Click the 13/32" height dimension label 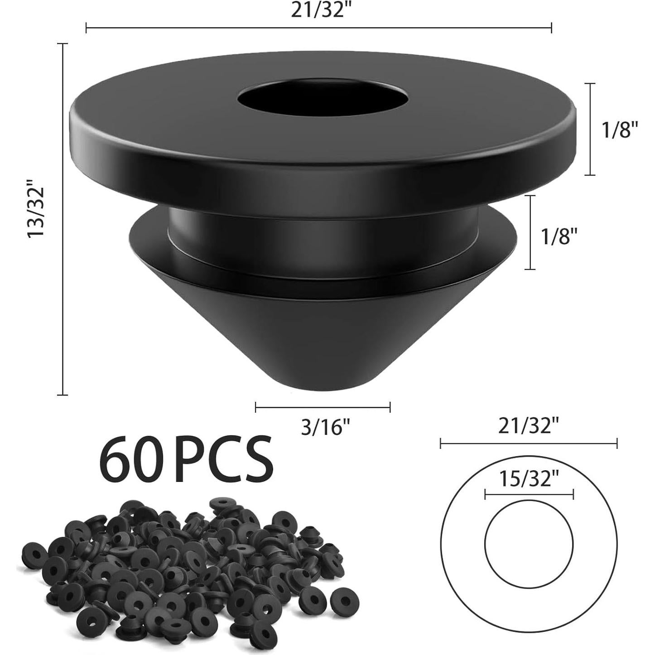[36, 208]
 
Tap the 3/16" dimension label [325, 427]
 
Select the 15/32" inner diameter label [529, 478]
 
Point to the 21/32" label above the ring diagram [529, 426]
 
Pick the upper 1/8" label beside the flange [620, 130]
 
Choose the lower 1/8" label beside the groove [560, 236]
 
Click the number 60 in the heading [131, 459]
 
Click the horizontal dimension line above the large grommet [318, 28]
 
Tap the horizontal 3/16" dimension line [323, 407]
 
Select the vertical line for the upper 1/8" [589, 129]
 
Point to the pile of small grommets [181, 562]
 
